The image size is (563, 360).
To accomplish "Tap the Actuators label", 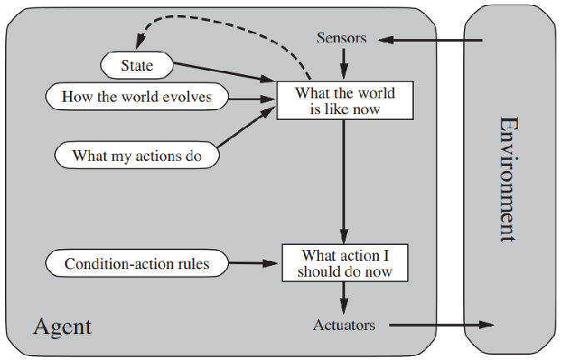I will (x=344, y=324).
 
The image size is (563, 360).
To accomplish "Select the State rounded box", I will (x=137, y=62).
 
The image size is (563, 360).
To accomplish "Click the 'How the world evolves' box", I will (x=137, y=97).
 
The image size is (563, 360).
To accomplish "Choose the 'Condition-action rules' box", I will (x=137, y=264).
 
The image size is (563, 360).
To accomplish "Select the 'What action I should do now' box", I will (x=344, y=263).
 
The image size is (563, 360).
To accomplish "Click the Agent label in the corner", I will (x=62, y=326).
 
